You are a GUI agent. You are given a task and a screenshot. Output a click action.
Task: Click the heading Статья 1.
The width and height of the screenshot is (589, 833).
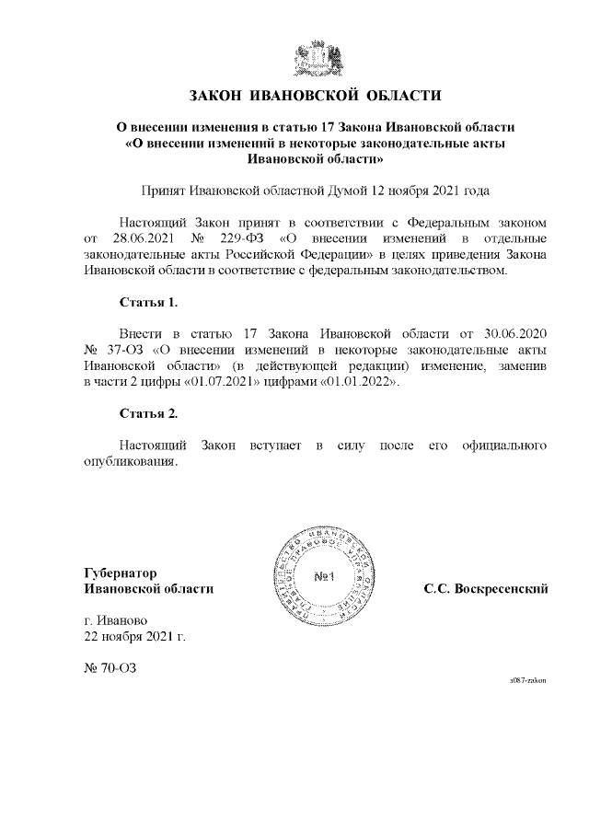point(149,301)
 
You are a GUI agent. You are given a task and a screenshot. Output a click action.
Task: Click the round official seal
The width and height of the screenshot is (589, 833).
point(323,577)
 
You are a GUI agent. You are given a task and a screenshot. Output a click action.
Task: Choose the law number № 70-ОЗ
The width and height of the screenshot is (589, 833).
point(110,669)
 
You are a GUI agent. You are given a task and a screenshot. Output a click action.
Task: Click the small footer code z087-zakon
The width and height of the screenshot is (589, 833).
point(528,679)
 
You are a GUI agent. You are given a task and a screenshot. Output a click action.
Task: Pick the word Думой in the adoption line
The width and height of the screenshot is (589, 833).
point(349,191)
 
